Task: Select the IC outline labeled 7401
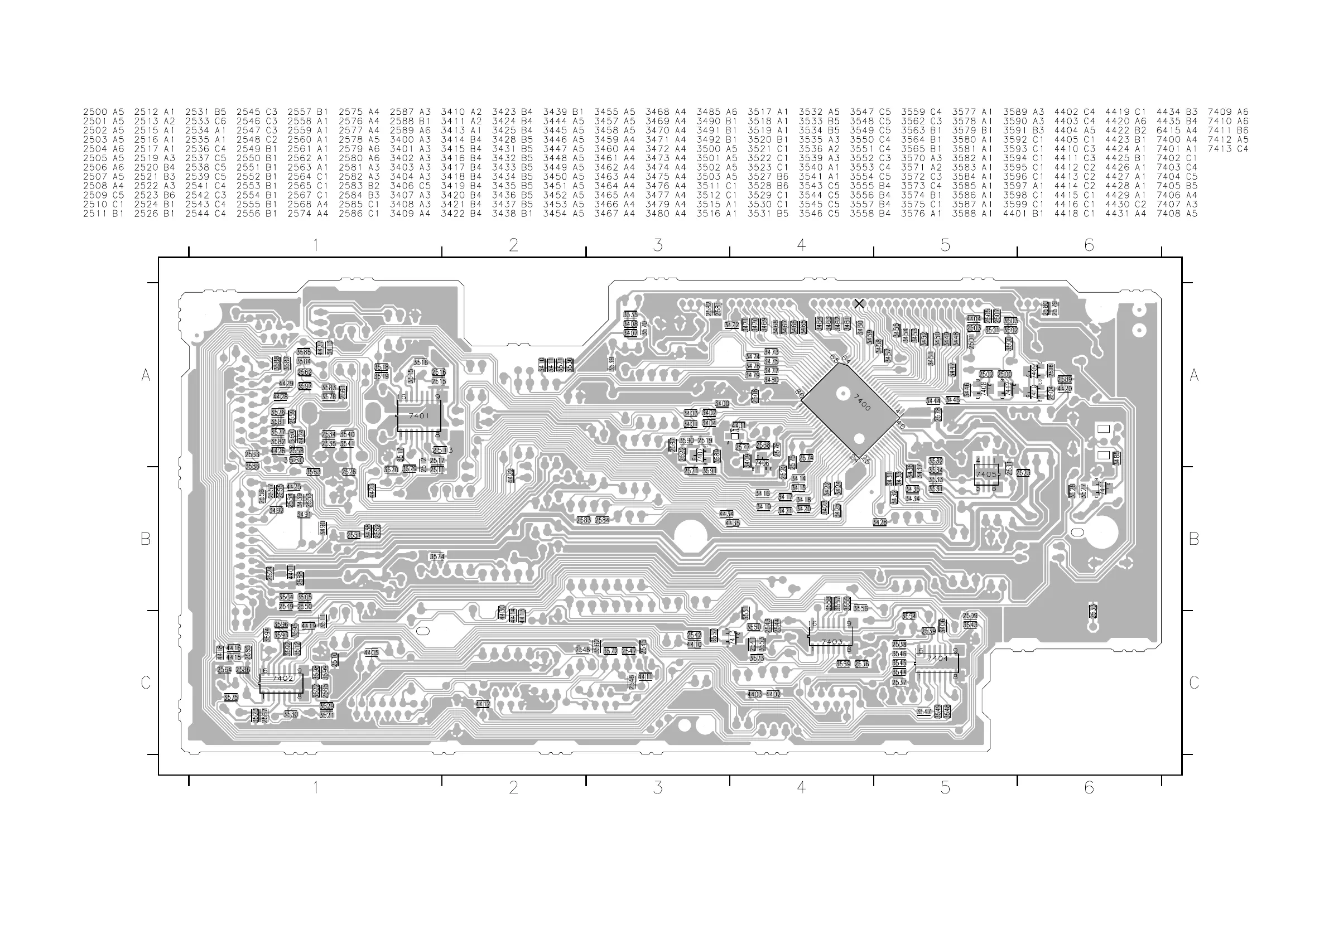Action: [x=419, y=416]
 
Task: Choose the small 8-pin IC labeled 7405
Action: [x=986, y=475]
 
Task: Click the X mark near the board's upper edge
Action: [x=859, y=304]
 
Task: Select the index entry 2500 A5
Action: [x=104, y=112]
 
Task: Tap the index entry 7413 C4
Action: [x=1227, y=149]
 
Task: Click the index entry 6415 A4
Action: [x=1177, y=130]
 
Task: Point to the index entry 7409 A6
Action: [x=1227, y=112]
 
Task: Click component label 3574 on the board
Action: [x=437, y=556]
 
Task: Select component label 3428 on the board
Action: [x=879, y=522]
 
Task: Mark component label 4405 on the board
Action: [x=371, y=652]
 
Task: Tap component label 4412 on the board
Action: [x=482, y=704]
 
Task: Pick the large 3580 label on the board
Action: [x=294, y=461]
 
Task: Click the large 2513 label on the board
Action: [x=442, y=450]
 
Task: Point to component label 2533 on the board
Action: [x=1093, y=611]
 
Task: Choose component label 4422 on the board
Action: [x=510, y=476]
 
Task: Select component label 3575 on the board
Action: [x=230, y=698]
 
